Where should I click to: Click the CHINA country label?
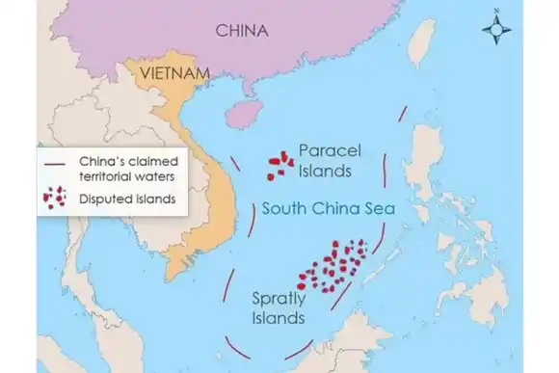click(x=241, y=29)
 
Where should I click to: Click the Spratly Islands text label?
click(x=278, y=306)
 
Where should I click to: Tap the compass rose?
click(x=495, y=31)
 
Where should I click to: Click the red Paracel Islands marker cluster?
click(x=279, y=163)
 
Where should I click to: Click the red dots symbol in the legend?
click(x=55, y=199)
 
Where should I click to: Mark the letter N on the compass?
click(x=495, y=11)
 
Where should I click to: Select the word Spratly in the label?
click(x=278, y=297)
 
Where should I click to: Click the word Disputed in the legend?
click(x=101, y=200)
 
